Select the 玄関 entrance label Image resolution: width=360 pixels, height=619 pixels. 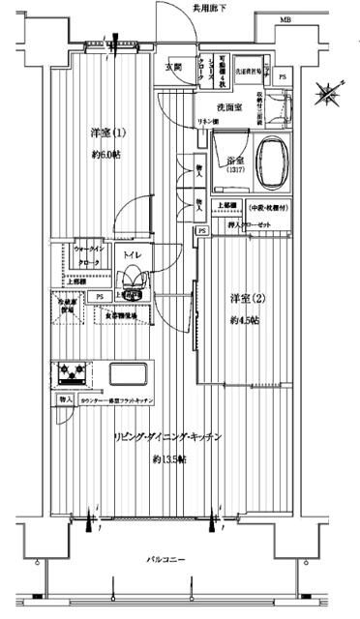coord(173,67)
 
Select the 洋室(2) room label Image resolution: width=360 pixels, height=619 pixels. coord(244,295)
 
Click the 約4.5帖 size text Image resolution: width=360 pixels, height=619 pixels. coord(244,320)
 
